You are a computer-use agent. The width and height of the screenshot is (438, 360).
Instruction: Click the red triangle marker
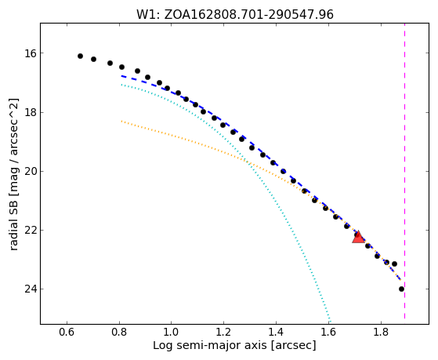(358, 238)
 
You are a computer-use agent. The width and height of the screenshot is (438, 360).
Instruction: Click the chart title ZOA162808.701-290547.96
(248, 15)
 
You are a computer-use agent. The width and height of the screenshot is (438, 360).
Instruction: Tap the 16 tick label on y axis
(31, 53)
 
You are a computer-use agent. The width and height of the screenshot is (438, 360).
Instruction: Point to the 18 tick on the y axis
(31, 112)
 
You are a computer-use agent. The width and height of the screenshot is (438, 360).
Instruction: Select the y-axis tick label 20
(31, 171)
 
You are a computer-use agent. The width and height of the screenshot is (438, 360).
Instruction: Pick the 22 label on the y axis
(31, 231)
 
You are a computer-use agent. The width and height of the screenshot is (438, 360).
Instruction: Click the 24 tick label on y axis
(31, 289)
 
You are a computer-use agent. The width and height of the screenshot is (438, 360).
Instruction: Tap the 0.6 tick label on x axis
(67, 332)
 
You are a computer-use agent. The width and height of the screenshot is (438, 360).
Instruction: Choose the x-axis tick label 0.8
(119, 332)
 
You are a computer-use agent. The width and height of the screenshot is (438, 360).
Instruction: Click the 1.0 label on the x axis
(172, 332)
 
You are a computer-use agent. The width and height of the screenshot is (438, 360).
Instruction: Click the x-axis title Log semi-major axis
(210, 346)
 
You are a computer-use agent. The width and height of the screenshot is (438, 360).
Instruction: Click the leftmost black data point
(80, 56)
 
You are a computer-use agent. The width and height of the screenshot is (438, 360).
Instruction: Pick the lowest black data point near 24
(401, 289)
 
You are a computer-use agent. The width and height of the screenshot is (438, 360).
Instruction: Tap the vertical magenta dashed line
(404, 171)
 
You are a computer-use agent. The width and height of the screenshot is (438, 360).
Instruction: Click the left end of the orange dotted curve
(121, 121)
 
